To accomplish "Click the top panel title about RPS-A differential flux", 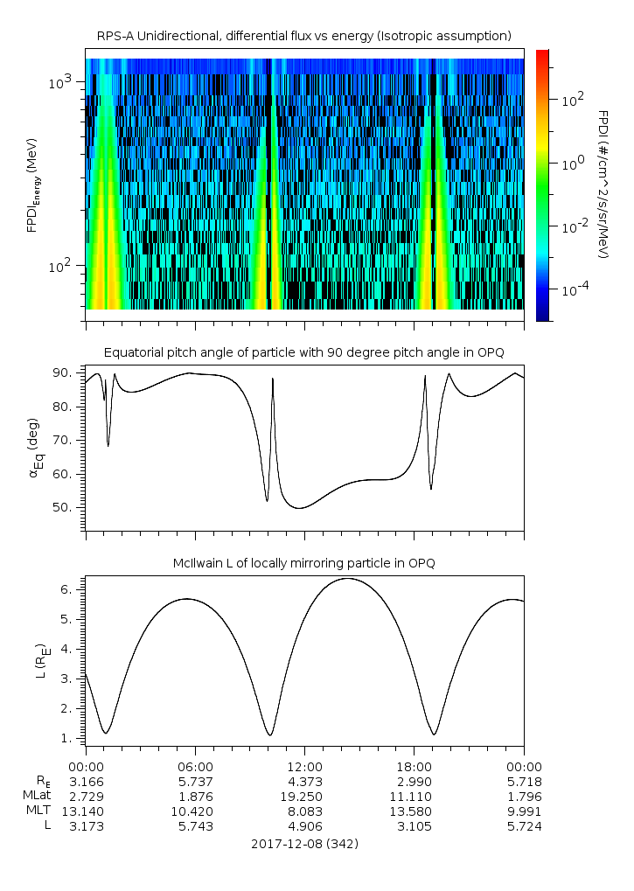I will coord(303,35).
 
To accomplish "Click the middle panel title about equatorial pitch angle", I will coord(303,352).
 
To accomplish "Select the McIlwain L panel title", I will coord(303,563).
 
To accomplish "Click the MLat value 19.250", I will coord(303,796).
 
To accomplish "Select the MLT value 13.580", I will coord(414,811).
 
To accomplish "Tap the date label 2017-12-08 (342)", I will coord(303,844).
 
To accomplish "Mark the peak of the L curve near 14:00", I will coord(347,578).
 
